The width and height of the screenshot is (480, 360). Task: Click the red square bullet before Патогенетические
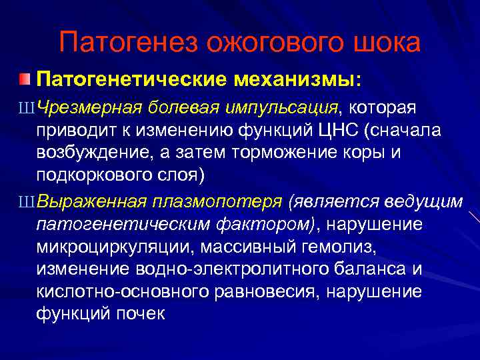click(x=25, y=80)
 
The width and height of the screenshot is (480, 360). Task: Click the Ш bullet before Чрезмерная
click(x=29, y=107)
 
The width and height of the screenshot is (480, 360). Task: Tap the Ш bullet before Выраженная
click(x=29, y=202)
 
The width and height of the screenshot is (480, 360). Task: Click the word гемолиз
click(x=338, y=247)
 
